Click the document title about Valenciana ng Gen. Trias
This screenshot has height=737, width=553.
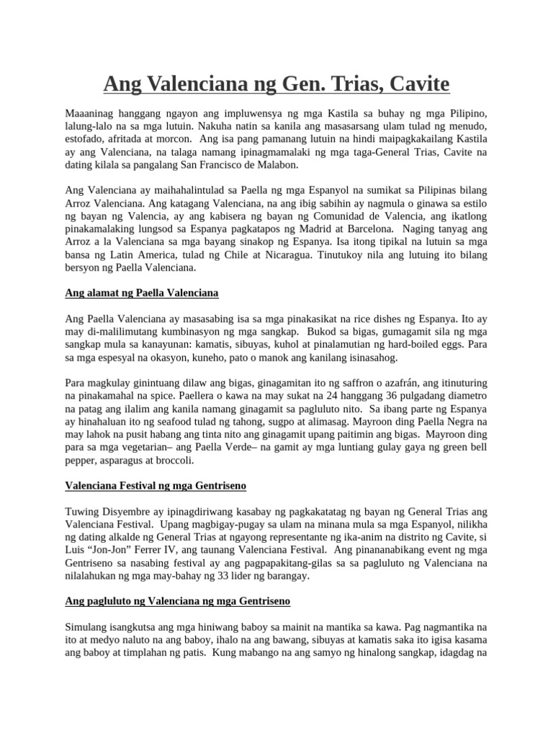click(276, 84)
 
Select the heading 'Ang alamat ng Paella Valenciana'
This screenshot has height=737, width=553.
click(141, 293)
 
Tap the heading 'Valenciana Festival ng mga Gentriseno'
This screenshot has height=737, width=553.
click(156, 486)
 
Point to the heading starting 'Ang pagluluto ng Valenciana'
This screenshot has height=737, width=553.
click(177, 600)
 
